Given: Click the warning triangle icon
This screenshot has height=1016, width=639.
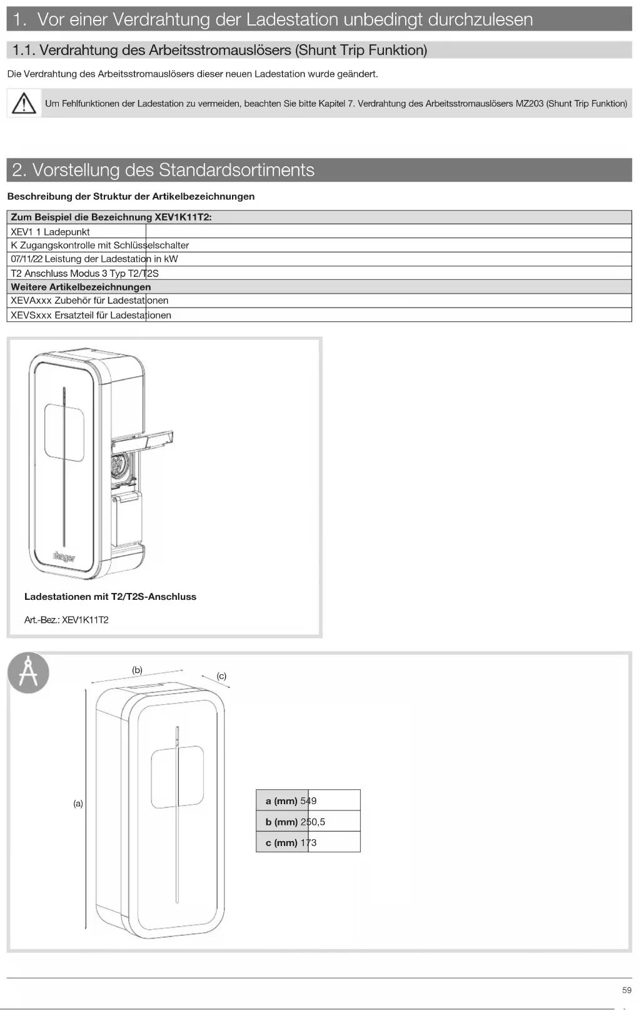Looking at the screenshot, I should [x=24, y=103].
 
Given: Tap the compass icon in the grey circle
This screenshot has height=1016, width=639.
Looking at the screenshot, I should [x=28, y=673].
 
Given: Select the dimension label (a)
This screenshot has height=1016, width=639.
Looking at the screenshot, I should [x=78, y=804].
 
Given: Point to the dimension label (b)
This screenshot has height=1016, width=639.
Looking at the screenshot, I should [x=137, y=670].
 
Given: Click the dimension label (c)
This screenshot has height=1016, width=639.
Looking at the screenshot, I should [x=221, y=676].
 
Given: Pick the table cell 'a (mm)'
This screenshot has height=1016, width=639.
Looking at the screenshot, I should [x=281, y=801].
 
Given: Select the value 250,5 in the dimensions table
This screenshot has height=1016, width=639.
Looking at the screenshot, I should [x=313, y=822].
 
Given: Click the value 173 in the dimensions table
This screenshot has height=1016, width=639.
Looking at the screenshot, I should [x=308, y=842].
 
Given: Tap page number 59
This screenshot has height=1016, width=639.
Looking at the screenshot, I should [x=626, y=990].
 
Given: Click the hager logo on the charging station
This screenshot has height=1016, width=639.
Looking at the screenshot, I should [x=64, y=556].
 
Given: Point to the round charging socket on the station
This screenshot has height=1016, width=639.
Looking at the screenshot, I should [x=118, y=466].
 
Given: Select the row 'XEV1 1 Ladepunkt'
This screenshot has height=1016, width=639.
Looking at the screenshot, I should [x=51, y=232].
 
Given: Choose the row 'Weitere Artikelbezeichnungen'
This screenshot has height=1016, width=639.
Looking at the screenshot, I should [x=81, y=287].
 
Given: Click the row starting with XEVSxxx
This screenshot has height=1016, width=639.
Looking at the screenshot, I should [x=91, y=315].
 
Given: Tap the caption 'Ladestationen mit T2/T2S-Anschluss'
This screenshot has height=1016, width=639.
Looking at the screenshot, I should [x=110, y=597].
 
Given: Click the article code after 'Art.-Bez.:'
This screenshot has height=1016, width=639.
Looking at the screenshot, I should [x=86, y=620].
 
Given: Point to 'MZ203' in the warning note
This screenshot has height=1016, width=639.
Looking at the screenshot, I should [x=530, y=104].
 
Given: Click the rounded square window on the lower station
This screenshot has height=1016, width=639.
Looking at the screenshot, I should [x=178, y=777].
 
